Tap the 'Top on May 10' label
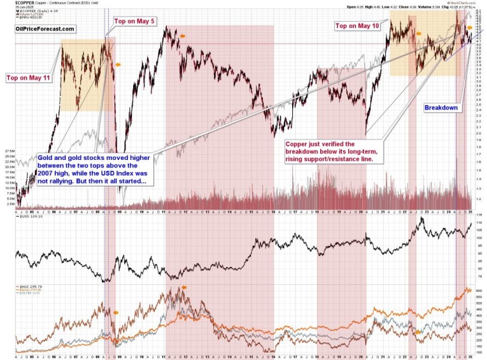click(x=357, y=25)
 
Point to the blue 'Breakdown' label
click(x=441, y=108)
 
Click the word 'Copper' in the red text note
click(x=302, y=144)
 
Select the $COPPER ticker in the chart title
click(x=17, y=3)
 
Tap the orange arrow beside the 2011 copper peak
click(x=183, y=36)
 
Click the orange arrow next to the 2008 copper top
click(x=116, y=64)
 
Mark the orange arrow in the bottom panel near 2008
click(x=116, y=312)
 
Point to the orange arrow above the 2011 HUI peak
click(x=184, y=288)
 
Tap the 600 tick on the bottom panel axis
click(x=478, y=290)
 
